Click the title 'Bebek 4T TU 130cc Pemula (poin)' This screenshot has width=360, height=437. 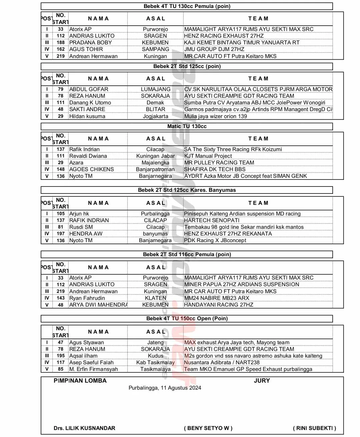click(187, 6)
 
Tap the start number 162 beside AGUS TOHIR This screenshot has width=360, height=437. click(60, 49)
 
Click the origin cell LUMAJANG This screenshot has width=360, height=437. click(155, 89)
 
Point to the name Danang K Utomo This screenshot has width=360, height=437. click(90, 103)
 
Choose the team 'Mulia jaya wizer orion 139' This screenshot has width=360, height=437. click(215, 116)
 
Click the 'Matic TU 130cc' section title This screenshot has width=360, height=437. click(187, 126)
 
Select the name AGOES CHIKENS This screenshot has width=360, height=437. click(91, 169)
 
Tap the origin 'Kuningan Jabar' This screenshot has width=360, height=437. click(155, 156)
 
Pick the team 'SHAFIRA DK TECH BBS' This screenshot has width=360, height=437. click(215, 169)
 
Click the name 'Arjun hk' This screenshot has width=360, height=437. click(79, 214)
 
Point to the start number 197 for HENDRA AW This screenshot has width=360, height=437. click(60, 234)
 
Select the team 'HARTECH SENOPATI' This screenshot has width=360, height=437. click(212, 221)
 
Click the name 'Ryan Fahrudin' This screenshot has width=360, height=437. click(87, 298)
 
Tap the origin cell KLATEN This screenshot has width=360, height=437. click(155, 298)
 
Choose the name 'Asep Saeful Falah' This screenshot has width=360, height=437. click(91, 363)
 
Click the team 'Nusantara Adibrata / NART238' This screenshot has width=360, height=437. click(222, 363)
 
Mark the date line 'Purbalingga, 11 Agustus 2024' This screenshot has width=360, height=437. click(165, 388)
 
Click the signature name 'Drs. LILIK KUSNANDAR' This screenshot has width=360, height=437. click(84, 428)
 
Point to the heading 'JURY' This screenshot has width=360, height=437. click(262, 381)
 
